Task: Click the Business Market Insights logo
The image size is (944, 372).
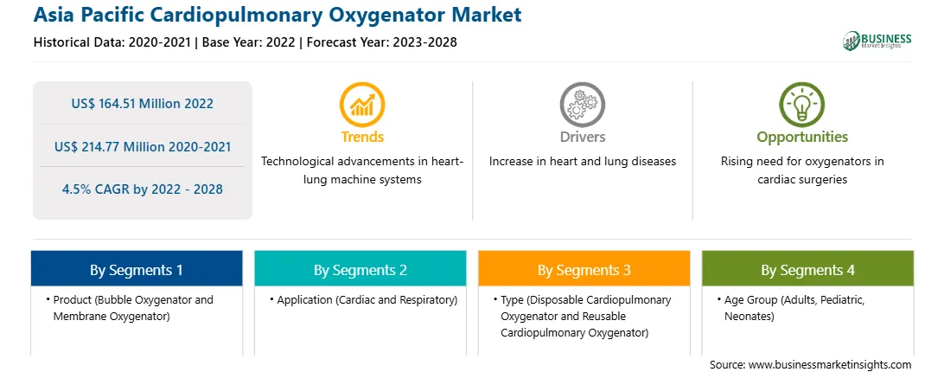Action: coord(877,41)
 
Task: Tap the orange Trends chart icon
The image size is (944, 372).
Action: coord(362,105)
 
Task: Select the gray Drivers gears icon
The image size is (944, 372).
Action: coord(582,105)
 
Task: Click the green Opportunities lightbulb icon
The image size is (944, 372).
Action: coord(802,105)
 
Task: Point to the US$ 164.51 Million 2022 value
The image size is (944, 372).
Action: coord(142,104)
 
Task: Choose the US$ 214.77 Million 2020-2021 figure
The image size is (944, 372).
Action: coord(142,146)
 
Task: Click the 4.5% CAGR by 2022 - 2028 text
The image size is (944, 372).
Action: coord(142,189)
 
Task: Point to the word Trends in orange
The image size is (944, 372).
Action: coord(362,137)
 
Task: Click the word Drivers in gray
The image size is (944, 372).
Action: coord(582,137)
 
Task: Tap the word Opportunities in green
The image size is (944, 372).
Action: coord(802,138)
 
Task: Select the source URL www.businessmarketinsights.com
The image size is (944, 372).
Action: coord(829,365)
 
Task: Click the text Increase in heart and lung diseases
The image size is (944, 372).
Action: coord(582,162)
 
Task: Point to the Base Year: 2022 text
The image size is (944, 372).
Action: coord(249,42)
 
